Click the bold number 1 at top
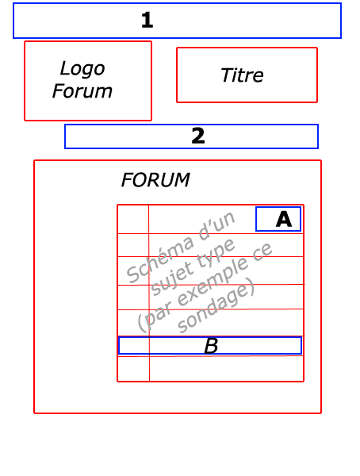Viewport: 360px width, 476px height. (x=147, y=21)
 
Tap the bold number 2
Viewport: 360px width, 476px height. (x=198, y=136)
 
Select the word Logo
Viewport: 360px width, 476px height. (x=82, y=69)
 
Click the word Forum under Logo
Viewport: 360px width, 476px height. (x=82, y=91)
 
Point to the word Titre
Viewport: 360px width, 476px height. (x=242, y=75)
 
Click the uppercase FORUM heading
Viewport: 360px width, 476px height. (x=155, y=180)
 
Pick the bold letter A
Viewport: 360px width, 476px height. (x=284, y=219)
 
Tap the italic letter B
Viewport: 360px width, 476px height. (x=211, y=346)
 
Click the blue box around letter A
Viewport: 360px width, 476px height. (x=256, y=219)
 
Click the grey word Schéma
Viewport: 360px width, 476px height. (x=160, y=259)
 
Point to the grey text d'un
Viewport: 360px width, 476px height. (x=216, y=226)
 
